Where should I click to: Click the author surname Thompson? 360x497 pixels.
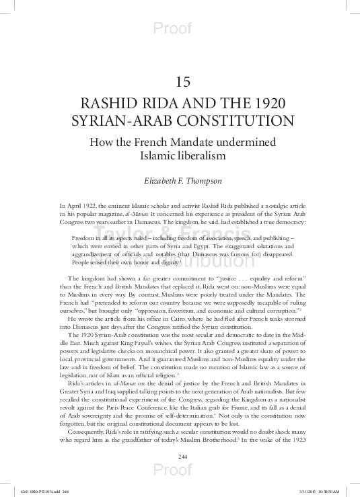coord(203,180)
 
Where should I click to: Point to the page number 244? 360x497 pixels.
coord(180,457)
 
